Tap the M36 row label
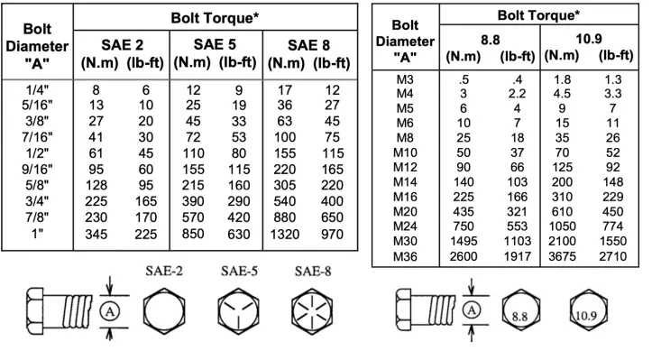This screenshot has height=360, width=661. [404, 256]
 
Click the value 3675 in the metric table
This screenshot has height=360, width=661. [563, 256]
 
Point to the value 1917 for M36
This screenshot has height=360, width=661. [515, 256]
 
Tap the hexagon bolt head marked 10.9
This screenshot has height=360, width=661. [588, 315]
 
